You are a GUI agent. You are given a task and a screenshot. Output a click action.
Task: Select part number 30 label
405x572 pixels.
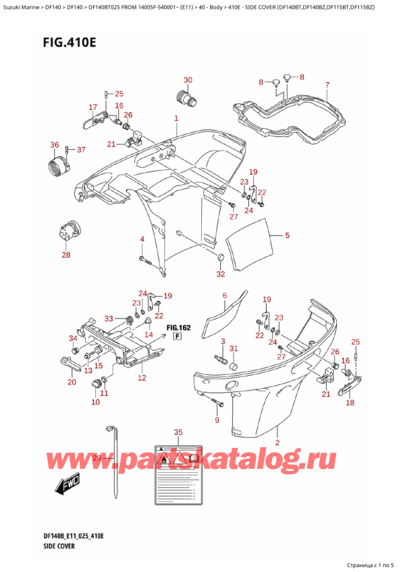[x=188, y=80]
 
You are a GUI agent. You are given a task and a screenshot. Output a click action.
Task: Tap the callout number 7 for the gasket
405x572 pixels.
[x=327, y=85]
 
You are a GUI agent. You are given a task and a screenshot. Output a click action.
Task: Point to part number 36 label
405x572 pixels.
[x=54, y=144]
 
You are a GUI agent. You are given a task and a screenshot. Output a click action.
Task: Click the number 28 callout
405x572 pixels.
[x=65, y=254]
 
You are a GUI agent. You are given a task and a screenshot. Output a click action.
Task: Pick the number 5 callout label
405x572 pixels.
[x=287, y=235]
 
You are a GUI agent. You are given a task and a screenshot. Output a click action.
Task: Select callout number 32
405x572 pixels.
[x=220, y=274]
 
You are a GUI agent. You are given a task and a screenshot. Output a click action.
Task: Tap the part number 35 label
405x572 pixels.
[x=178, y=432]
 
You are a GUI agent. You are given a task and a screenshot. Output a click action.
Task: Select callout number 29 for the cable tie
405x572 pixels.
[x=97, y=459]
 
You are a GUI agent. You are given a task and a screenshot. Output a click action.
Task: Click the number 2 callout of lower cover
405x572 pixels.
[x=277, y=442]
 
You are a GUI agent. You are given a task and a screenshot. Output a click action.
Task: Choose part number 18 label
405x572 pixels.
[x=350, y=403]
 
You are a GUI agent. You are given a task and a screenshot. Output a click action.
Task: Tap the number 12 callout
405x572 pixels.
[x=142, y=378]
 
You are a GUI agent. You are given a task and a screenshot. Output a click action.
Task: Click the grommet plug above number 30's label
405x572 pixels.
[x=186, y=98]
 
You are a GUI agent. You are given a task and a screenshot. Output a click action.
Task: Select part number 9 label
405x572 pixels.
[x=217, y=421]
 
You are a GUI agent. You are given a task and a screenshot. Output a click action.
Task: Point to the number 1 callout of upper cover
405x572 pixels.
[x=175, y=119]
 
